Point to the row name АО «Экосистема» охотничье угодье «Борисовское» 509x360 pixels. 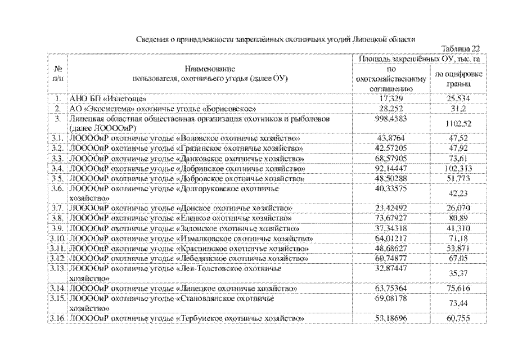(163, 108)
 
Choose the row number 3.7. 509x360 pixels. (57, 208)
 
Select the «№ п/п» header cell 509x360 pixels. (57, 74)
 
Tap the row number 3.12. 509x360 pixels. (57, 258)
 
